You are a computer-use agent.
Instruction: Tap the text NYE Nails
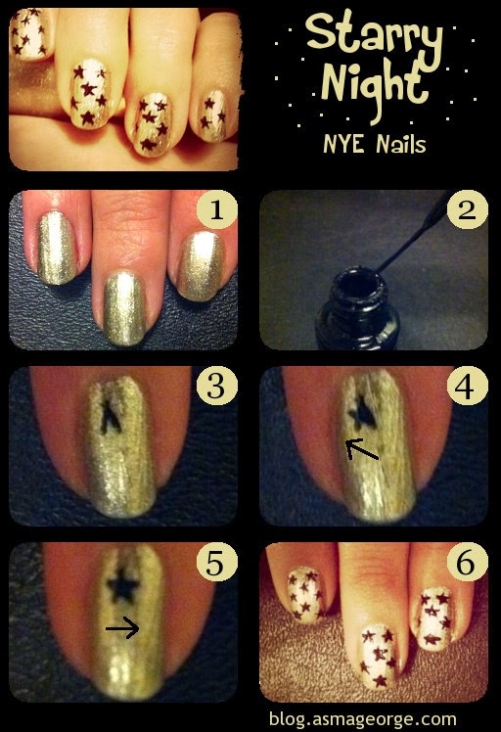[x=375, y=144]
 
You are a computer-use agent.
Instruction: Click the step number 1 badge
[x=217, y=210]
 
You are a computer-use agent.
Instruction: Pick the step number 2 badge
[x=467, y=210]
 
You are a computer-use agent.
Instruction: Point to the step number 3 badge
[x=217, y=387]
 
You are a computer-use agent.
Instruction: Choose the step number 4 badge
[x=467, y=387]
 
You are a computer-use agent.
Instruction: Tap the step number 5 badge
[x=217, y=563]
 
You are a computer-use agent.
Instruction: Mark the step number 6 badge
[x=467, y=563]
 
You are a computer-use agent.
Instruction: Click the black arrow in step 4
[x=362, y=450]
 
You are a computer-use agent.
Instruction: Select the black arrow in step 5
[x=122, y=629]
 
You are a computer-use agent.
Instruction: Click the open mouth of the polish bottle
[x=358, y=284]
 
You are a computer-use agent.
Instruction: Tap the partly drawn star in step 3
[x=111, y=417]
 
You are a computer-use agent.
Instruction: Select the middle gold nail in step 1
[x=123, y=308]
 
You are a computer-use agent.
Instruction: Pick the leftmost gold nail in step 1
[x=57, y=248]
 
